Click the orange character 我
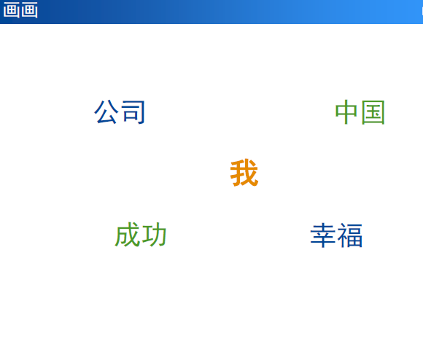[x=244, y=173]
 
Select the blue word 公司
[x=120, y=111]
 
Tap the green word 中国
[x=360, y=112]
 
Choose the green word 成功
[x=141, y=235]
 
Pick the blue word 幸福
[x=336, y=235]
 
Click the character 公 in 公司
[x=106, y=111]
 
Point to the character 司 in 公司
[x=133, y=112]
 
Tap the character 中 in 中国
[x=346, y=112]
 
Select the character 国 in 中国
[x=373, y=112]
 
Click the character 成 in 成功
[x=128, y=235]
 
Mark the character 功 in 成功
[x=154, y=235]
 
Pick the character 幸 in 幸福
[x=322, y=235]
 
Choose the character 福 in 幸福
[x=350, y=235]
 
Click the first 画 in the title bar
[x=11, y=10]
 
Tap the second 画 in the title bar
[x=29, y=10]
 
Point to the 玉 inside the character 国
[x=373, y=113]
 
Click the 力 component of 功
[x=159, y=235]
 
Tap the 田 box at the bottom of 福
[x=354, y=241]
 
